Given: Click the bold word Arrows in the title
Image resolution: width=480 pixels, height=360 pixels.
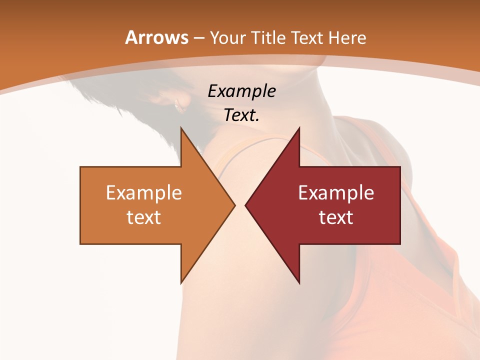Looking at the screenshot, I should (x=156, y=37).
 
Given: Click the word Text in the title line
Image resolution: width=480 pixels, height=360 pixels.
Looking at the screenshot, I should (x=307, y=37).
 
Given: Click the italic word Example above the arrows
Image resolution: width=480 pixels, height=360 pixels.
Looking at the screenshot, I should (x=241, y=91).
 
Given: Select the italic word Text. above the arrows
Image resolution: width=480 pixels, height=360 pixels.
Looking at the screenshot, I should (x=241, y=115).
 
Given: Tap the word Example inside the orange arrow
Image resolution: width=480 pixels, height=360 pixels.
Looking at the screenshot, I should (x=144, y=193).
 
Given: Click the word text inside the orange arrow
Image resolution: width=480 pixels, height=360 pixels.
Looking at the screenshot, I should (x=144, y=217).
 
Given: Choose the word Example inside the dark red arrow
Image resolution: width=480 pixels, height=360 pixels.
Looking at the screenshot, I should (x=336, y=193).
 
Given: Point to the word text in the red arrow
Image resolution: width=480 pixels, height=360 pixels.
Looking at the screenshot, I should (x=336, y=217).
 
